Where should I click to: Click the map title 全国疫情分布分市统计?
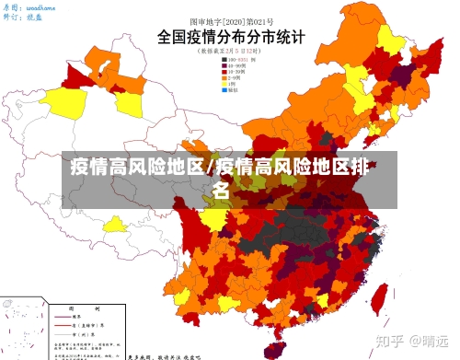pyautogui.click(x=229, y=38)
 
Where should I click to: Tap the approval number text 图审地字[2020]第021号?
pyautogui.click(x=229, y=19)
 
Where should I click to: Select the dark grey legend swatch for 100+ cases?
pyautogui.click(x=223, y=60)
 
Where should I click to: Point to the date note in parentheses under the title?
pyautogui.click(x=229, y=52)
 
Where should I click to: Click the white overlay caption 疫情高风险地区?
pyautogui.click(x=138, y=168)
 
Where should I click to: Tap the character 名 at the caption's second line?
pyautogui.click(x=222, y=192)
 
